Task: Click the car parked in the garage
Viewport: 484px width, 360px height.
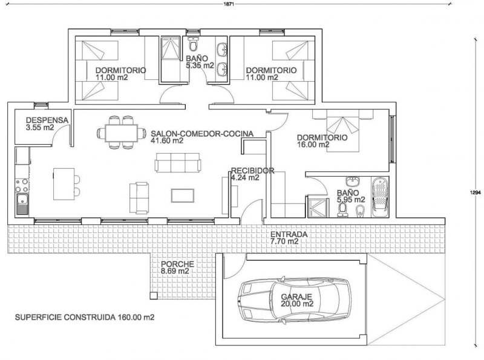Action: click(295, 299)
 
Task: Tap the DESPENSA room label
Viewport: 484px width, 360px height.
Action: click(47, 120)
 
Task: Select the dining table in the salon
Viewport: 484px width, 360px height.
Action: click(122, 133)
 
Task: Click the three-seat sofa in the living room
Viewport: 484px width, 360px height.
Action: click(177, 162)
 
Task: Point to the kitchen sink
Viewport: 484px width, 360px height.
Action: click(22, 204)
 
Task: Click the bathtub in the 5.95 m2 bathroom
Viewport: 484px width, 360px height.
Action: click(380, 197)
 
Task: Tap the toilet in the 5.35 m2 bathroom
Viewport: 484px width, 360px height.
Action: click(194, 44)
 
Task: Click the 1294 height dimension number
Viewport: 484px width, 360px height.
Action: click(476, 192)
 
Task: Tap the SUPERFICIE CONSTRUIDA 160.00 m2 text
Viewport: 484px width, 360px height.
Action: click(85, 317)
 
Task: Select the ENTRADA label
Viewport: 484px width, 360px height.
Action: click(289, 234)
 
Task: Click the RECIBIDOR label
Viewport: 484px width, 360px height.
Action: click(253, 171)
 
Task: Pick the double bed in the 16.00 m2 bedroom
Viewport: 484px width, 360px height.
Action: click(342, 134)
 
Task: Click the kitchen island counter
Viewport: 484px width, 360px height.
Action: click(64, 184)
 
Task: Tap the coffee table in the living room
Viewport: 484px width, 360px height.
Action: click(183, 195)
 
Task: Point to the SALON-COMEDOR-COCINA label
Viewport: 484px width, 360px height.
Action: click(202, 134)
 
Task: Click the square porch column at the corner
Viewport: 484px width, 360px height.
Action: click(154, 295)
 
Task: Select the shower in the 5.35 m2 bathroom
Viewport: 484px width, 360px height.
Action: click(171, 48)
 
